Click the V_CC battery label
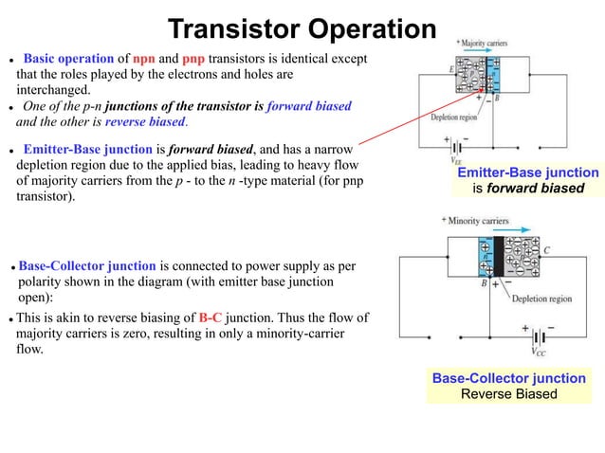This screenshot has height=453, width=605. tap(538, 352)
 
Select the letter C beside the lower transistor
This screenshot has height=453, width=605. tap(546, 250)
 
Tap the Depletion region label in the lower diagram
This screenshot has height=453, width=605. tap(541, 299)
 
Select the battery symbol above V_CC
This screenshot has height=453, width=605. tap(538, 335)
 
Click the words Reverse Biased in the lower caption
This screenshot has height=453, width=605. tap(508, 393)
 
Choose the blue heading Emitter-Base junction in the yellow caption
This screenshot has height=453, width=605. tap(528, 172)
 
